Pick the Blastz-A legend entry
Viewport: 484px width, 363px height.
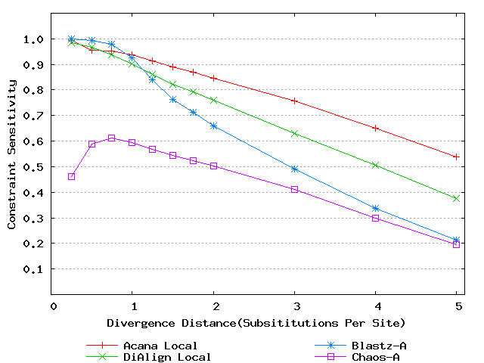(x=374, y=346)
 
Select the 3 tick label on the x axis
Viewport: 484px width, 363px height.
(x=294, y=306)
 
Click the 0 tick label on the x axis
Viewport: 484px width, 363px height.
(x=54, y=306)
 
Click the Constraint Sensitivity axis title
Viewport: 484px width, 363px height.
(x=12, y=167)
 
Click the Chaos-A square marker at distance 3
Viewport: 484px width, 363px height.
(x=294, y=189)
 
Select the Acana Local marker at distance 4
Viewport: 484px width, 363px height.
(x=375, y=128)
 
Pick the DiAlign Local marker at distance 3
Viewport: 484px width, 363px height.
(x=294, y=133)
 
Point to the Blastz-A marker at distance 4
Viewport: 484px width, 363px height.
(x=375, y=209)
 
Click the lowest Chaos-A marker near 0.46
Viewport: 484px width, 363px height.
(x=72, y=176)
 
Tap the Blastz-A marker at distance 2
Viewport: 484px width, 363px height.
(x=213, y=126)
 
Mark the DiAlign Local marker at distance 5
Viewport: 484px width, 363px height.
(x=456, y=198)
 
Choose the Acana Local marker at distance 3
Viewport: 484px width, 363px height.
(x=294, y=101)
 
